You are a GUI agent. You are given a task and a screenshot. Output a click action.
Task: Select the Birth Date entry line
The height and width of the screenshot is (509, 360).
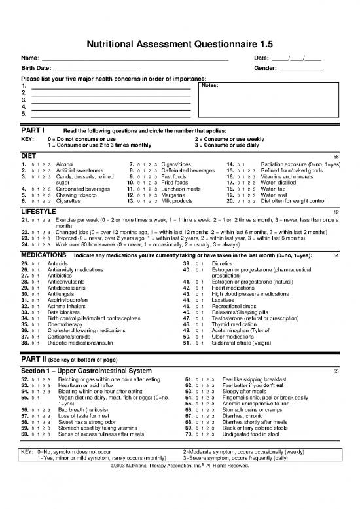pyautogui.click(x=96, y=71)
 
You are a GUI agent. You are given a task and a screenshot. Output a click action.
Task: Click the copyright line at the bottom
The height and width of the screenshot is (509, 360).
pyautogui.click(x=179, y=484)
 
